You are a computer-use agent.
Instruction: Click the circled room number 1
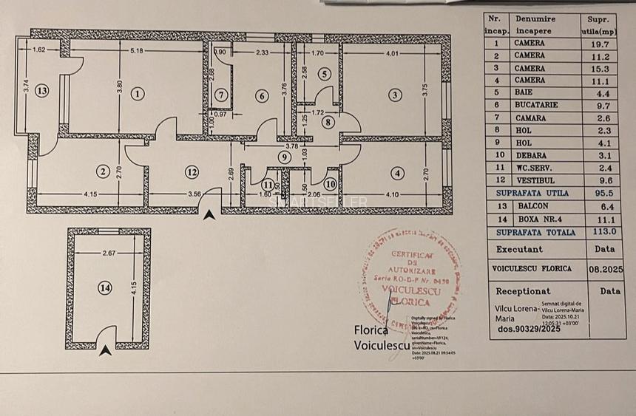click(138, 93)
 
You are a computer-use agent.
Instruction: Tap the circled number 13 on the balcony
click(41, 91)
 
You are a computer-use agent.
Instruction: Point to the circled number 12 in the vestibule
click(192, 172)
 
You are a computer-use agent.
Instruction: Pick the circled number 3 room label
click(395, 95)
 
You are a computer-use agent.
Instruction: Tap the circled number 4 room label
click(399, 174)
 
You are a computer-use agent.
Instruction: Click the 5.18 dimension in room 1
click(135, 51)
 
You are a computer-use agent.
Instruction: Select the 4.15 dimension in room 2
click(91, 194)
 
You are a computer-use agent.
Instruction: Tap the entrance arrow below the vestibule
click(210, 215)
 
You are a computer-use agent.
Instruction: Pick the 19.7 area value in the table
click(601, 44)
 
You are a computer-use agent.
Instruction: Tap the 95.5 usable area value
click(601, 193)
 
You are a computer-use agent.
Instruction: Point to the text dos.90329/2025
click(528, 329)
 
